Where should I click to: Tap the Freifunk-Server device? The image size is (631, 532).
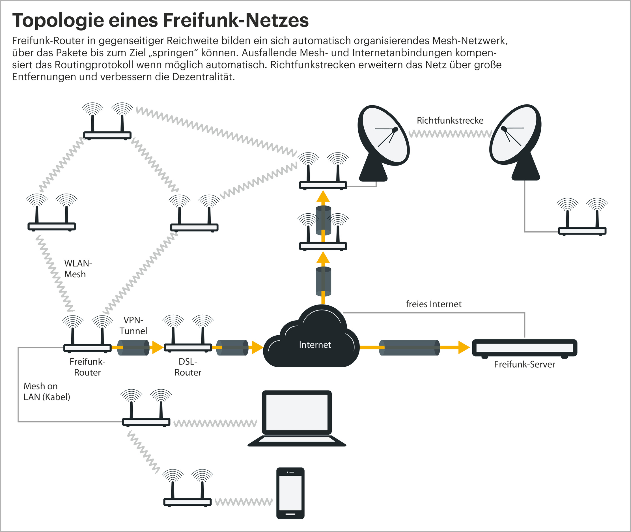click(x=524, y=348)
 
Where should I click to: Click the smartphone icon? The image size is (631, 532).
click(x=290, y=493)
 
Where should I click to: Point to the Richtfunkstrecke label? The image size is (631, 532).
click(x=450, y=121)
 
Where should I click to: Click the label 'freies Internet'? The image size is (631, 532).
click(x=434, y=304)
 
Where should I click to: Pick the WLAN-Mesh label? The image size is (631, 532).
click(x=78, y=269)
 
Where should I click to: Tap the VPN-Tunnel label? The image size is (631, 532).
click(x=133, y=326)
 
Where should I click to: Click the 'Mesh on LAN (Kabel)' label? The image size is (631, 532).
click(x=47, y=391)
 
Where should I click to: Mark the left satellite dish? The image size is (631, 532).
click(x=382, y=142)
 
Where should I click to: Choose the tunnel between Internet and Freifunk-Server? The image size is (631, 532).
click(x=409, y=348)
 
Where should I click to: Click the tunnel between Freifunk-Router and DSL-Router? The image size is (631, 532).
click(x=133, y=348)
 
